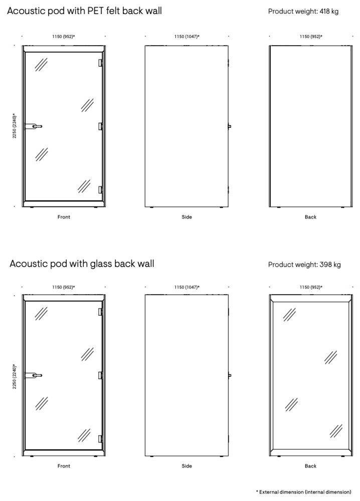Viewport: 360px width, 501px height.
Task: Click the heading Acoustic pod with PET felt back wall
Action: click(84, 11)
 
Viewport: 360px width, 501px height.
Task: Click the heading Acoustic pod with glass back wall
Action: click(82, 264)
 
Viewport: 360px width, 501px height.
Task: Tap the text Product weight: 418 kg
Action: click(303, 11)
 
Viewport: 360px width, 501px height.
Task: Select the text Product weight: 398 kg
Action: click(304, 265)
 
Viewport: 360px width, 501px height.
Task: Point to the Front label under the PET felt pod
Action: click(64, 217)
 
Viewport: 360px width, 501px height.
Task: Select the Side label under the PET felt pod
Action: click(187, 217)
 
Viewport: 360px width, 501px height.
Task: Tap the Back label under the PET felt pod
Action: click(310, 217)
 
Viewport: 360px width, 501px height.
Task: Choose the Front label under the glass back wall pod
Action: click(64, 466)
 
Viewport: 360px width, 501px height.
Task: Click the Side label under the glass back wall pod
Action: click(187, 466)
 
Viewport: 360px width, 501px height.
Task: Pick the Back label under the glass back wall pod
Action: click(310, 466)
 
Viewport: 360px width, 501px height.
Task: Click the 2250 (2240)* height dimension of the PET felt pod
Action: click(15, 126)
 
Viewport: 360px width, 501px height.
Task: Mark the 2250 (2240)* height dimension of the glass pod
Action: click(15, 376)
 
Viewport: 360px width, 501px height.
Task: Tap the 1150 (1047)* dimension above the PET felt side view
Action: click(187, 37)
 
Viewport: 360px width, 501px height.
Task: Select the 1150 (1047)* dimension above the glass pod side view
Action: click(187, 287)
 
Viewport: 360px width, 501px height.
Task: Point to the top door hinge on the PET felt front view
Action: click(101, 63)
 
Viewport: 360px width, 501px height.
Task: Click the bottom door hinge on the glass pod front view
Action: click(101, 437)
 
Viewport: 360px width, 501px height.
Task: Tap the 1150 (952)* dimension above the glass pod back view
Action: click(311, 287)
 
